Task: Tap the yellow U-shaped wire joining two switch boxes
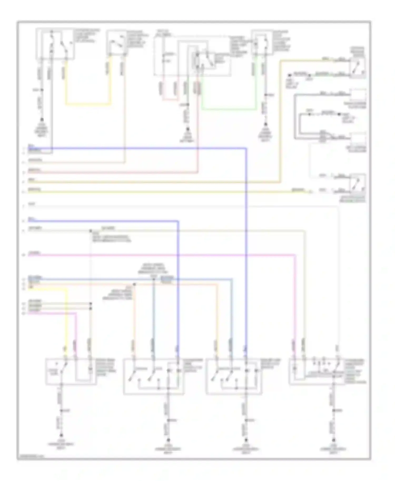[88, 104]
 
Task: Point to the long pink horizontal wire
[158, 255]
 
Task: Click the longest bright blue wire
[246, 237]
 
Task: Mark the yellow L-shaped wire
[66, 316]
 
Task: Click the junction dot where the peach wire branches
[134, 284]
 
